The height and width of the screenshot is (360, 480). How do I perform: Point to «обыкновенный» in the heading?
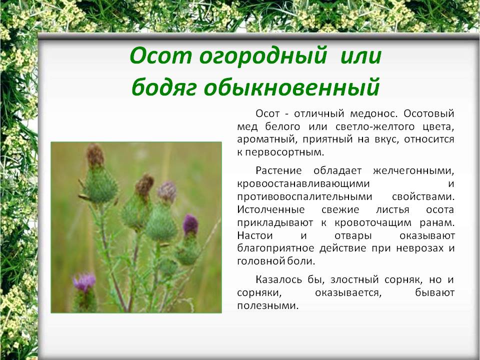click(291, 87)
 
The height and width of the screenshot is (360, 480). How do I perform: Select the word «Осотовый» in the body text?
click(429, 113)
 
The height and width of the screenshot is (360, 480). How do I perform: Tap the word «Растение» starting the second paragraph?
click(278, 170)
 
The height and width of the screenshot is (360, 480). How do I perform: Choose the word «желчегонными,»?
click(413, 170)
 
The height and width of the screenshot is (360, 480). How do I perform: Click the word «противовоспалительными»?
click(304, 196)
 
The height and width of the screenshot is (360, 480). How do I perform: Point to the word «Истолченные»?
click(271, 209)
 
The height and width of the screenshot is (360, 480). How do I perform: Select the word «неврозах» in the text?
click(419, 248)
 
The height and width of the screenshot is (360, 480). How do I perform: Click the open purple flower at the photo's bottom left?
click(84, 281)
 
